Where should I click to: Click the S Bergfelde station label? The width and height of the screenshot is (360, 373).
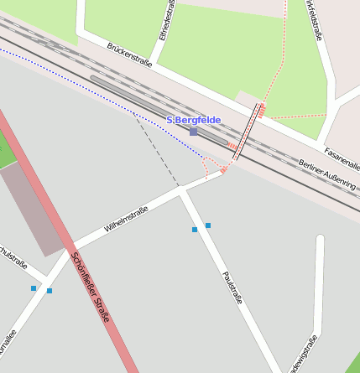(x=194, y=120)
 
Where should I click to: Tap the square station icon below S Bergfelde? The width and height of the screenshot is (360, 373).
(x=194, y=132)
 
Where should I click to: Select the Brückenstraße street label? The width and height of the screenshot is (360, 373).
(x=129, y=55)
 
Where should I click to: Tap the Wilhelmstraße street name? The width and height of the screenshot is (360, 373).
(x=126, y=219)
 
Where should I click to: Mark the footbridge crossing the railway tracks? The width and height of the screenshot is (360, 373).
(x=247, y=132)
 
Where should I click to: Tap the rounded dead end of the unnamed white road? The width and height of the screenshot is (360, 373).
(x=320, y=241)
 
